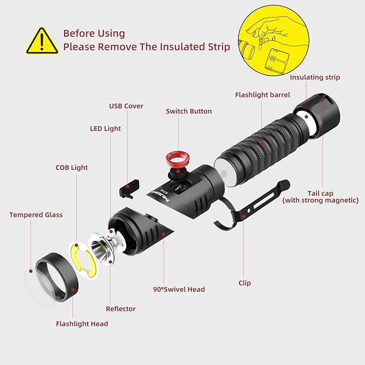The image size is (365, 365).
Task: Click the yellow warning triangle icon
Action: coord(42,40)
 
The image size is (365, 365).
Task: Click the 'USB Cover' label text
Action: coord(126,106)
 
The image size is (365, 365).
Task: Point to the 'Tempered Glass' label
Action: coord(36,215)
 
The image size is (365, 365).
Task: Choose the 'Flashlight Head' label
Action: coord(82,324)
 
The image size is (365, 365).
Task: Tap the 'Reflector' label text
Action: coord(120,309)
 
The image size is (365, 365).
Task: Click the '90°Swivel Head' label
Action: coord(179,289)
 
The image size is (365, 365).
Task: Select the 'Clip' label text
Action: coord(245,283)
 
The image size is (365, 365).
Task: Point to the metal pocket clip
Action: coord(253,207)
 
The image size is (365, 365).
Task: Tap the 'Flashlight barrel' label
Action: coord(262,95)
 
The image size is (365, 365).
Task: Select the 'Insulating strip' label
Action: coord(314,77)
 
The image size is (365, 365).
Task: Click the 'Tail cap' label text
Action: coord(320,193)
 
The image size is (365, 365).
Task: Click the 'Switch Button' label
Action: coord(189,111)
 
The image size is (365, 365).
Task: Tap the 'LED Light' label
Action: coord(105,128)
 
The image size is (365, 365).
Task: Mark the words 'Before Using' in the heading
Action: coord(94,33)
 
